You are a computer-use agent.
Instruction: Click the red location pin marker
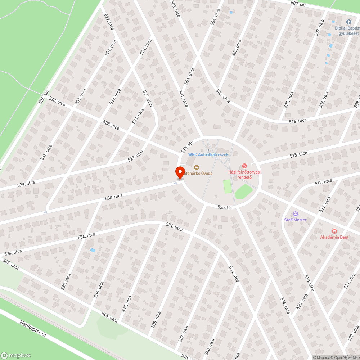pos(180,173)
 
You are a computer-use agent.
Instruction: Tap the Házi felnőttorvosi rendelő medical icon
pos(244,166)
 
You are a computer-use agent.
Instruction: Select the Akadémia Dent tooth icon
pos(334,231)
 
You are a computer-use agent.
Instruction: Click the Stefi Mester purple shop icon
pos(295,213)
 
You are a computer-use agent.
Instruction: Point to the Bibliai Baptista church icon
pos(348,22)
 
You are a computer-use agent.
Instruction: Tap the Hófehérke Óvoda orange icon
pos(197,167)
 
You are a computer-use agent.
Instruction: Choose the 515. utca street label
pos(298,154)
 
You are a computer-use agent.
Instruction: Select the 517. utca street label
pos(323,182)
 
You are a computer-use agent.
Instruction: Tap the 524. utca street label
pos(285,305)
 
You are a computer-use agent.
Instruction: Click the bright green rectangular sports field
pos(227,186)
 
